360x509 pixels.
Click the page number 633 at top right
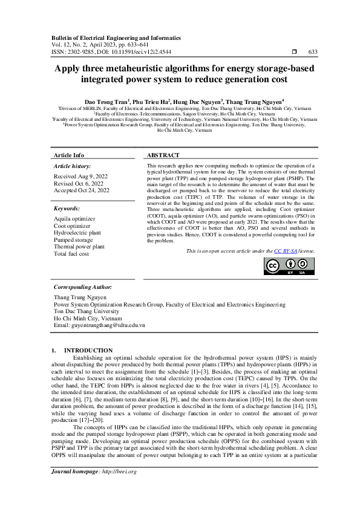point(313,53)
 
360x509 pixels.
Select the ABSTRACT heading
point(163,155)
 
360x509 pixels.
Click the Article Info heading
point(70,155)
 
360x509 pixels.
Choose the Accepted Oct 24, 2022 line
point(82,190)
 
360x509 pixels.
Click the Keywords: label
point(67,209)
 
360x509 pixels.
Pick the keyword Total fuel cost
point(72,254)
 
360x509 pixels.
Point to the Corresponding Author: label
point(82,287)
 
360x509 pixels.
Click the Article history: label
point(73,166)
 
